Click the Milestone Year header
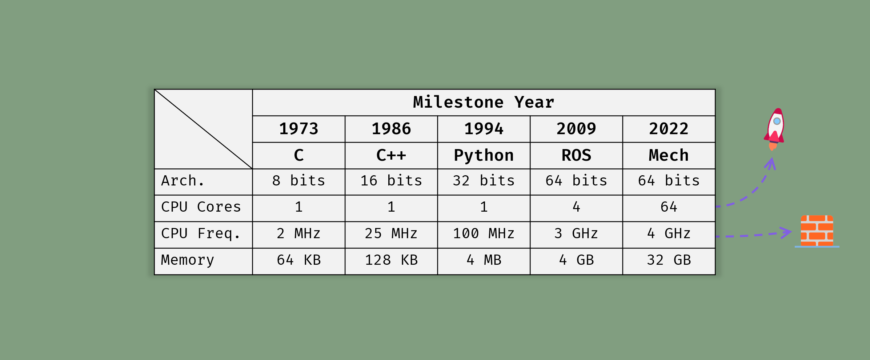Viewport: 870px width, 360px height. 484,102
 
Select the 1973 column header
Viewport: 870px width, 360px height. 298,129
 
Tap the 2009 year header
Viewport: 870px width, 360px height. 576,129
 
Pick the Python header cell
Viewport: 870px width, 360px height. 484,156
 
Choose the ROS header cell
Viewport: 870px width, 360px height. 576,155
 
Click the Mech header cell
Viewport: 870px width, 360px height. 669,155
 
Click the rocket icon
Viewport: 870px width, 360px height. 774,129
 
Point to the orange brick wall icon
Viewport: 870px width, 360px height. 817,231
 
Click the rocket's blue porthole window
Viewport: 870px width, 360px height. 777,121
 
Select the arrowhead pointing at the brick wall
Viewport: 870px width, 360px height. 786,233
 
